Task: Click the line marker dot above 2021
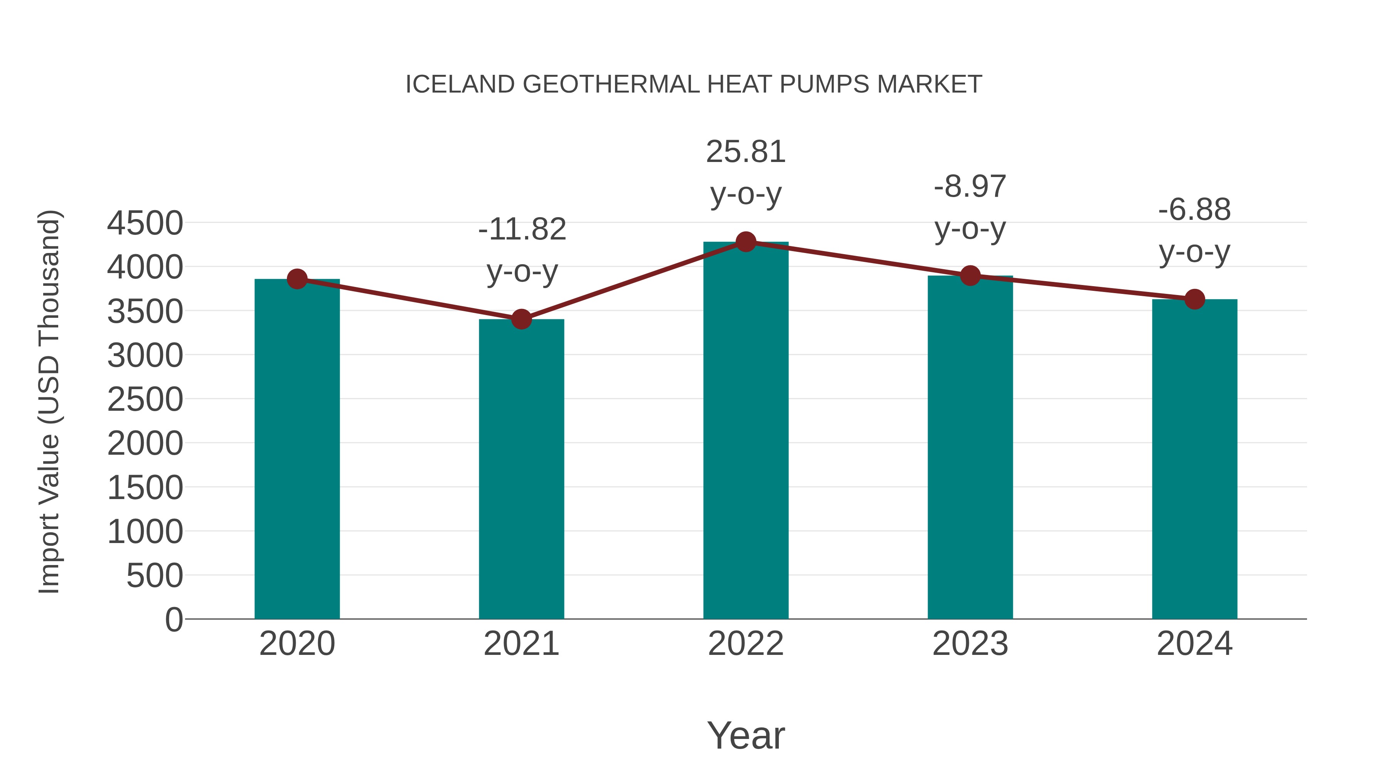(x=521, y=319)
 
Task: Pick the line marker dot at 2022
(x=746, y=242)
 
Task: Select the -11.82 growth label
(x=522, y=229)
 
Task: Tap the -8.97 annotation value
(x=970, y=187)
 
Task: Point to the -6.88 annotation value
(x=1194, y=210)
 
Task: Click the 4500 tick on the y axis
(x=145, y=223)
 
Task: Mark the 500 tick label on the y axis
(x=155, y=576)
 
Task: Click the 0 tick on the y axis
(x=174, y=619)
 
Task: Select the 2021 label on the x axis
(x=521, y=644)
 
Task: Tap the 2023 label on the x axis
(x=970, y=644)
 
